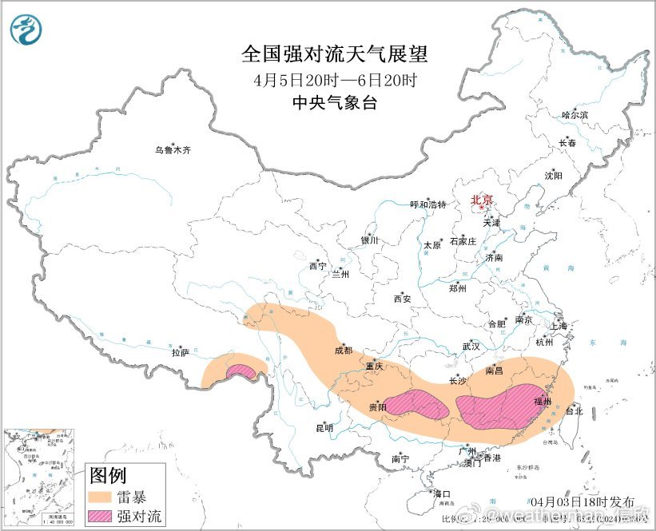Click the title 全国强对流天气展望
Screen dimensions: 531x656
coord(335,54)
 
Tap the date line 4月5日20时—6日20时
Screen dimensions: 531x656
coord(335,80)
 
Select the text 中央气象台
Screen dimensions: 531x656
coord(335,102)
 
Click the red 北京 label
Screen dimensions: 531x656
coord(481,200)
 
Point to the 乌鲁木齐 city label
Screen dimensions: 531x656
coord(173,150)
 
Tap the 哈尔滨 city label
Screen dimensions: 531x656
coord(574,116)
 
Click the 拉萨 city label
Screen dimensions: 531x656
coord(180,352)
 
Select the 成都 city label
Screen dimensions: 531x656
coord(343,350)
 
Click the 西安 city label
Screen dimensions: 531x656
coord(402,299)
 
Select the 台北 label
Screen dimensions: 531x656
coord(574,411)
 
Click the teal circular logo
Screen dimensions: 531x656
coord(27,29)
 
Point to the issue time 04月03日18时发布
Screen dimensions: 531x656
coord(593,501)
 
